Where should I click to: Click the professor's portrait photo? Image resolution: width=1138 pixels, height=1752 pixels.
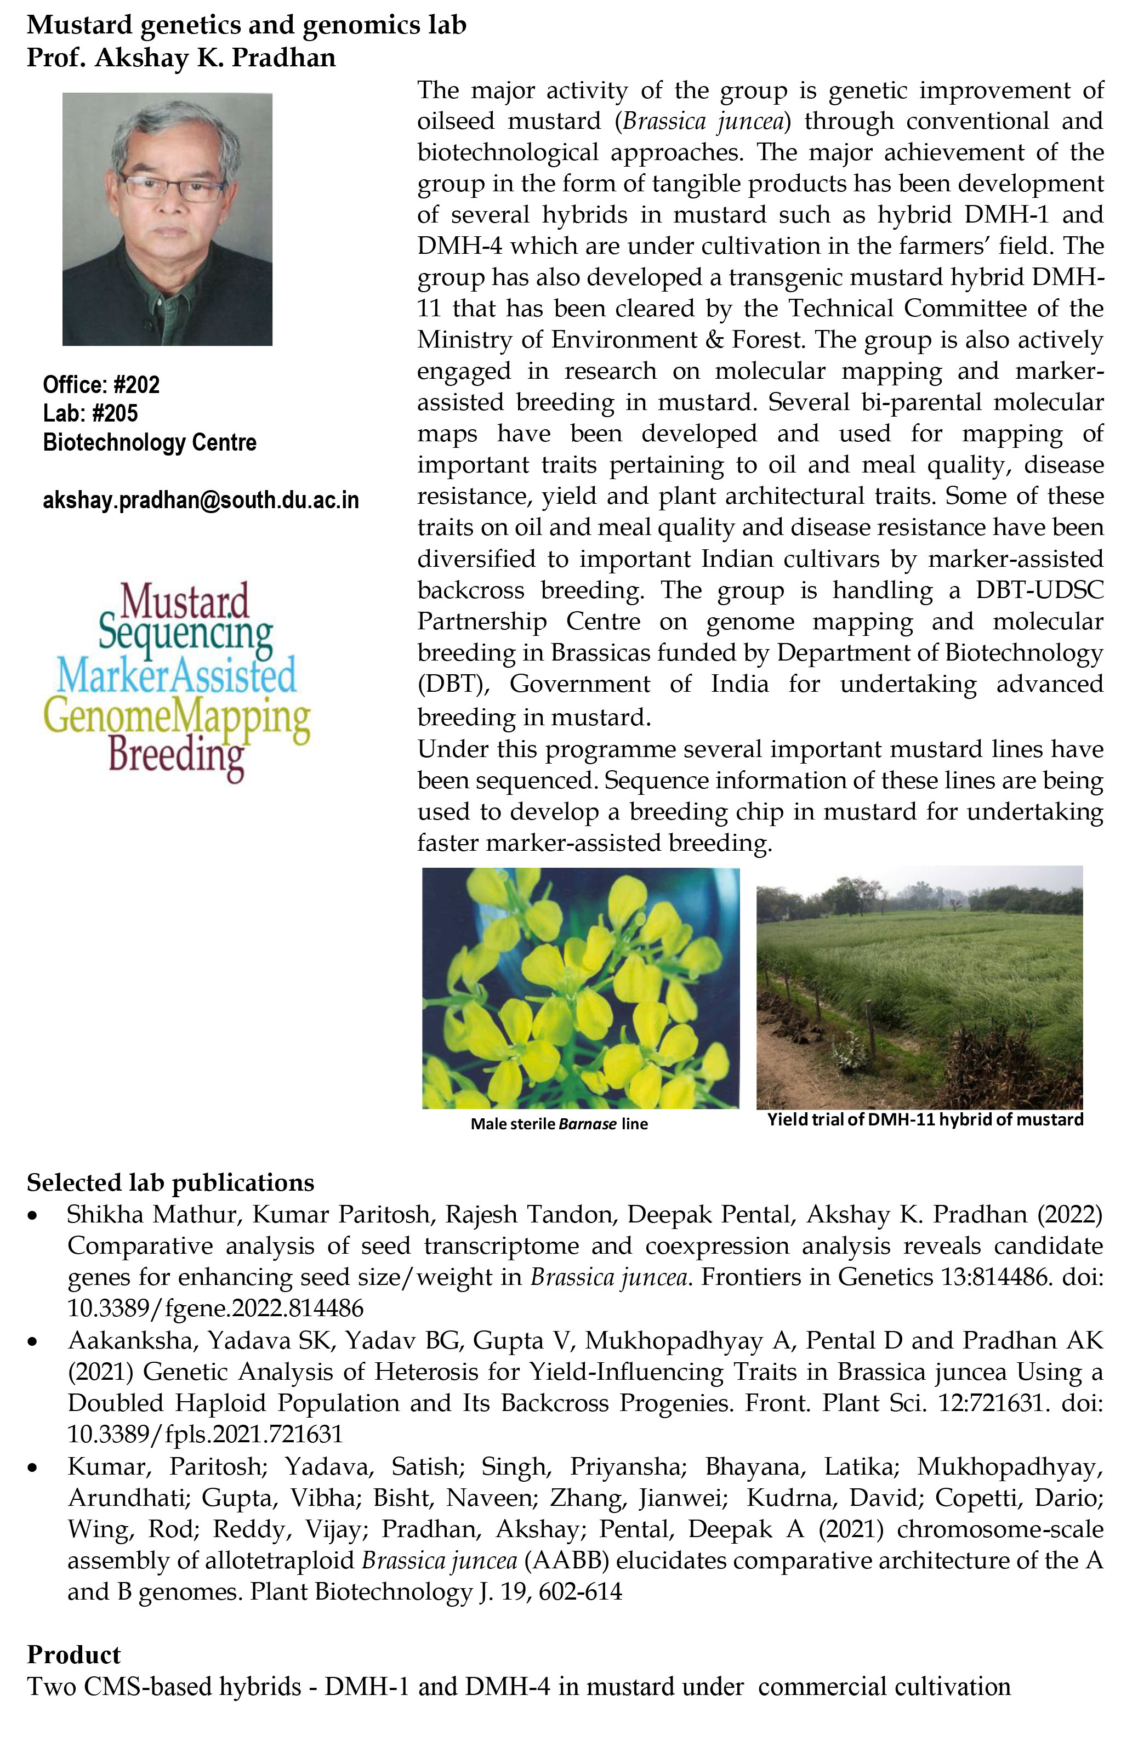click(x=167, y=219)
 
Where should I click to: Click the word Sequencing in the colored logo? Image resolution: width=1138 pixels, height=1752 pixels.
click(x=185, y=633)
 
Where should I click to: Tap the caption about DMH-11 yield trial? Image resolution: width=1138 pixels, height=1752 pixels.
click(x=925, y=1119)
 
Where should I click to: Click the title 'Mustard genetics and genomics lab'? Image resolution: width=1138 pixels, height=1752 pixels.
click(x=247, y=25)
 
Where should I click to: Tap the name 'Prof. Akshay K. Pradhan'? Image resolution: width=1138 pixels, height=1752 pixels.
click(x=181, y=58)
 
